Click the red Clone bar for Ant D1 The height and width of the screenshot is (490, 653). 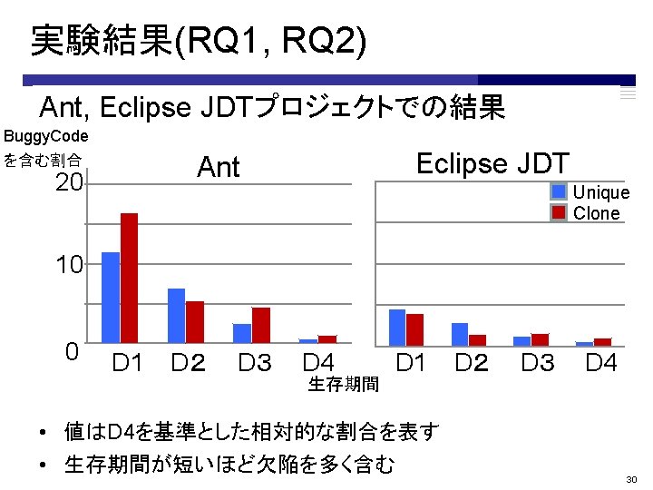coord(129,278)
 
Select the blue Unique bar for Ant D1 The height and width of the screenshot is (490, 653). coord(111,297)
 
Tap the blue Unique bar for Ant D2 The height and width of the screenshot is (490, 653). coord(176,315)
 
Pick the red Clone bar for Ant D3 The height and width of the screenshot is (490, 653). coord(260,325)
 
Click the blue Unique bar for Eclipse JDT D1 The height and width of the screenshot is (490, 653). coord(397,326)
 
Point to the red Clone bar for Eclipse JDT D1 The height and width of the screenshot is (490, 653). coord(415,328)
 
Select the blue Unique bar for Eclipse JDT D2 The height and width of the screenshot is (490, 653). coord(460,333)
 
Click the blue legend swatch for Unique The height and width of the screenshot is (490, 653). coord(559,191)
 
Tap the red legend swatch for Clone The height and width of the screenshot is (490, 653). coord(559,212)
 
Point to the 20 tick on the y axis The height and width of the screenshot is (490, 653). coord(69,184)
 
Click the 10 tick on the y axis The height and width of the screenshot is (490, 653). coord(69,266)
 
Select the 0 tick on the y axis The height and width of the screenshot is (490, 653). coord(73,351)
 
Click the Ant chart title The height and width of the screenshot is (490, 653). coord(219,167)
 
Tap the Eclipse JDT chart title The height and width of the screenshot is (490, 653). coord(492,163)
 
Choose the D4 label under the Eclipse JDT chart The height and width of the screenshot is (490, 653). coord(601,364)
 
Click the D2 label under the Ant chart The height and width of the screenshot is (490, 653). coord(188,364)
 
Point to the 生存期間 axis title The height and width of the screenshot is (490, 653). coord(344,385)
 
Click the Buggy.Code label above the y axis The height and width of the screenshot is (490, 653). coord(46,137)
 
